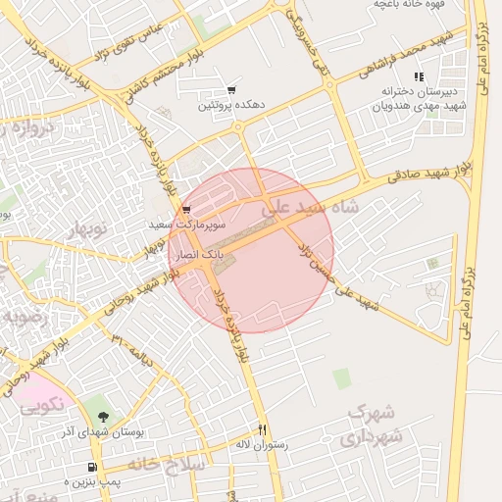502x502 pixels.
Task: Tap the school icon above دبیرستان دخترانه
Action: coord(419,75)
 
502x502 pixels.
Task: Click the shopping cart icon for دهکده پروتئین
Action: coord(231,89)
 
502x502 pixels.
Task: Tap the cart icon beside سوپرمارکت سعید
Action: coord(186,210)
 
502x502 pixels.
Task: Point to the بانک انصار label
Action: coord(200,254)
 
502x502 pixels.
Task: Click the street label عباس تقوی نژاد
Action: coord(125,39)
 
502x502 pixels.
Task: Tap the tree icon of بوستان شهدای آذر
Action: coord(104,418)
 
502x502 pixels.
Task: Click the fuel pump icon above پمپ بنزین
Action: coord(92,468)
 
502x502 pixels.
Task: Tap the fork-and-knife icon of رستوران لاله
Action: coord(262,429)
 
